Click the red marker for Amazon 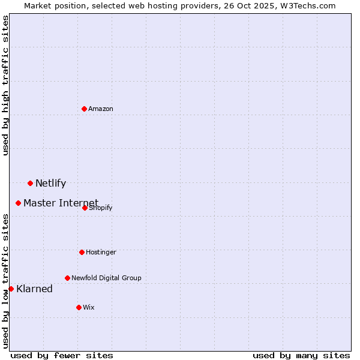coord(85,109)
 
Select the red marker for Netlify coord(30,183)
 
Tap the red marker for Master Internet coord(19,203)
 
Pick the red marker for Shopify coord(85,208)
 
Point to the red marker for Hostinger coord(82,252)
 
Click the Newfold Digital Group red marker coord(67,278)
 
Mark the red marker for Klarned coord(11,289)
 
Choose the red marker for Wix coord(79,307)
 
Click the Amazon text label coord(101,109)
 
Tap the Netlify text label coord(51,183)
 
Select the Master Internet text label coord(61,203)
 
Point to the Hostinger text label coord(101,252)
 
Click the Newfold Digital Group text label coord(106,278)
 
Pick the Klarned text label coord(35,289)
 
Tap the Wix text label coord(89,307)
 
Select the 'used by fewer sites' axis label coord(62,355)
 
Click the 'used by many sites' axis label coord(301,355)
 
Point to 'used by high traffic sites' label coord(6,85)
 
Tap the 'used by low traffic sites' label coord(6,280)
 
